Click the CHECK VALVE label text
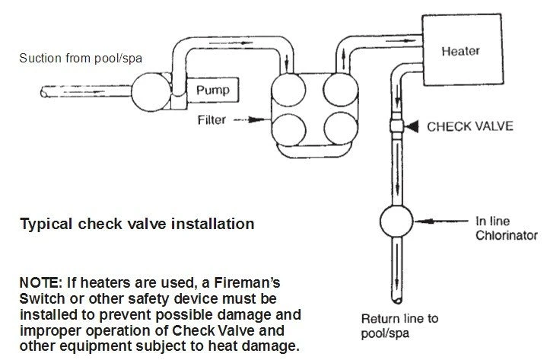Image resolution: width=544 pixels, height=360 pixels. click(471, 126)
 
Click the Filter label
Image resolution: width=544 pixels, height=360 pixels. click(213, 120)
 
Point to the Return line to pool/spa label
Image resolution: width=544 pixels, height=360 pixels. click(399, 325)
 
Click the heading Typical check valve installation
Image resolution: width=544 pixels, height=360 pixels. click(137, 225)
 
